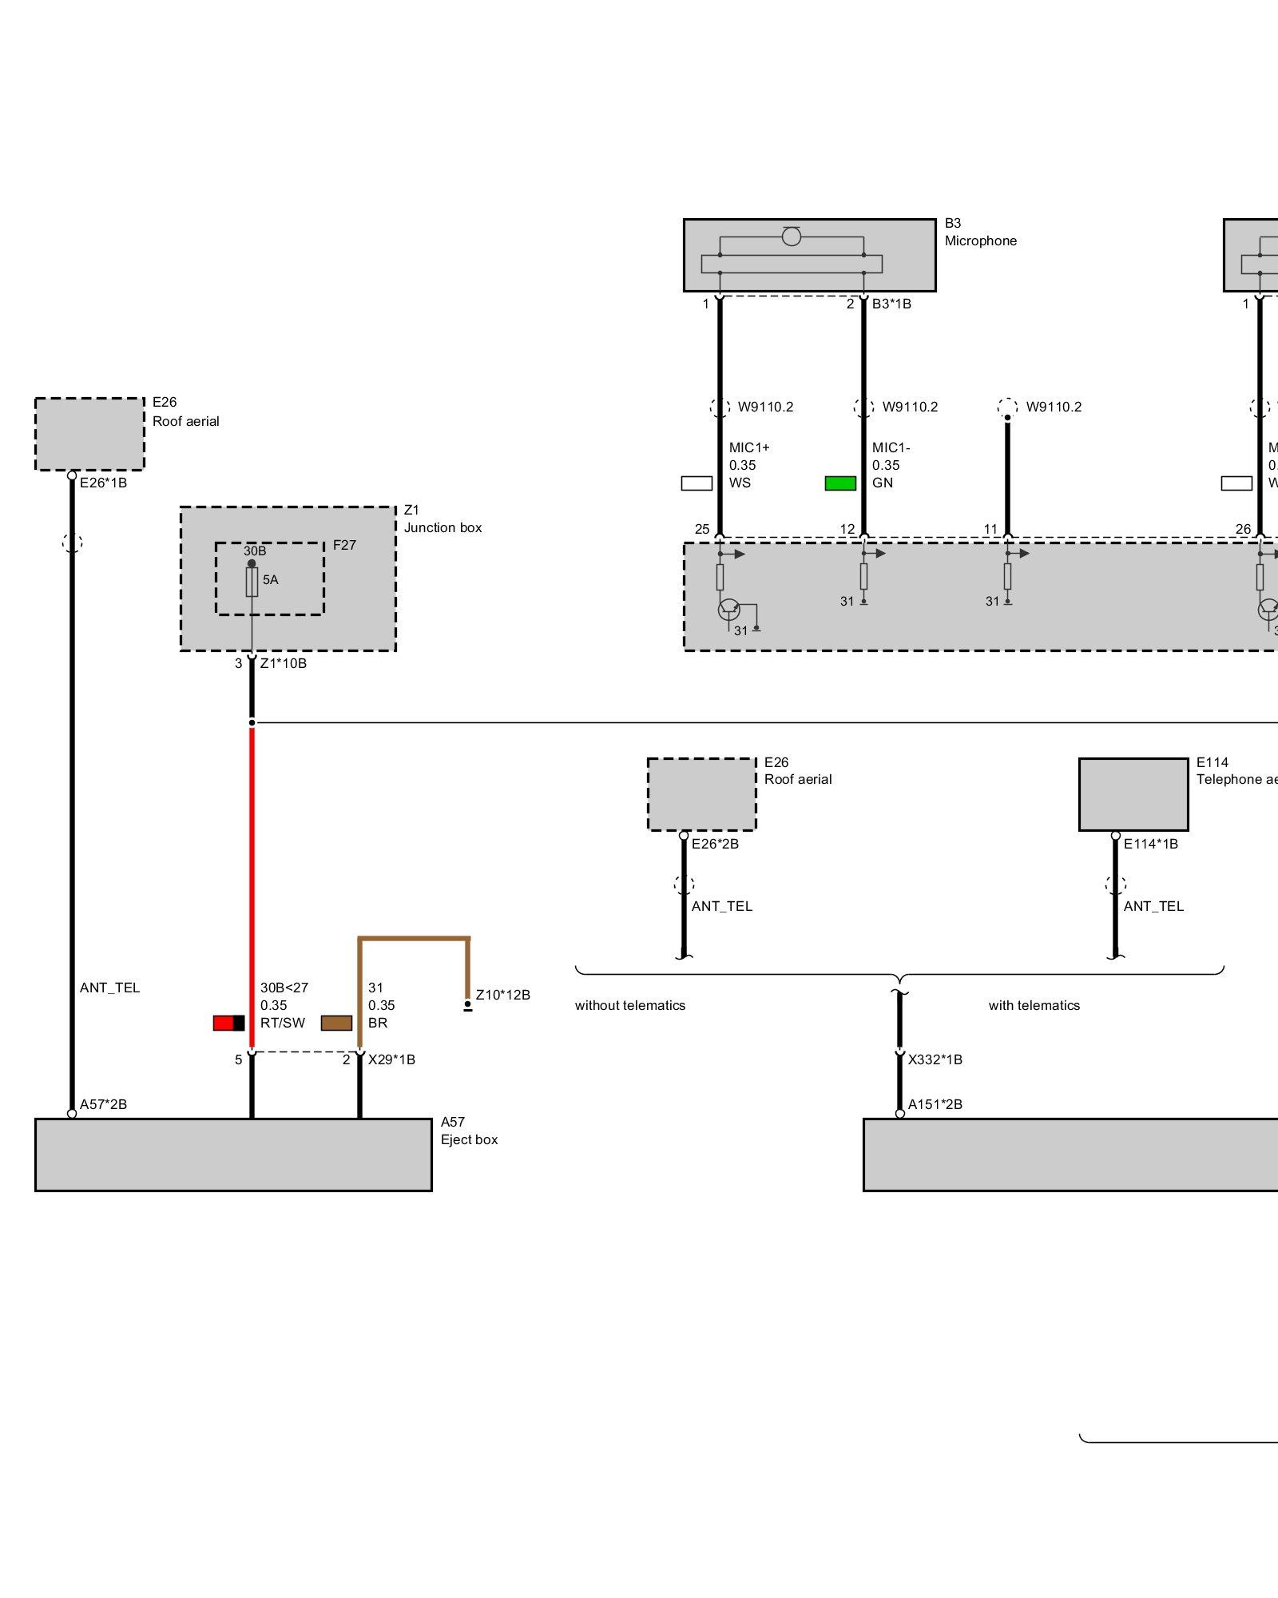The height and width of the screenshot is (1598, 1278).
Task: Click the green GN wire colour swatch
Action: pyautogui.click(x=840, y=483)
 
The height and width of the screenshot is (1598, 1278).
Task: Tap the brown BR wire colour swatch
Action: pyautogui.click(x=336, y=1023)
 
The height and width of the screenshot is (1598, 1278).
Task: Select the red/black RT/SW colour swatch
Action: pyautogui.click(x=228, y=1023)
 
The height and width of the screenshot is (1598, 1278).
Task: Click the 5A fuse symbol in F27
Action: pyautogui.click(x=252, y=581)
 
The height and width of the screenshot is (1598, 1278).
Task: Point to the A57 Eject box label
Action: pyautogui.click(x=469, y=1131)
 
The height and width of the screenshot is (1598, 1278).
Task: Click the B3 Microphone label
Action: pyautogui.click(x=980, y=232)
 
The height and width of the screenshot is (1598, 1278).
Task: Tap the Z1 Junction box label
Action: pyautogui.click(x=443, y=519)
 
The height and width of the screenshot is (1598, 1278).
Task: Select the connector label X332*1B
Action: pyautogui.click(x=935, y=1059)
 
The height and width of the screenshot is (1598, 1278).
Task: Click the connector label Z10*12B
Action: pyautogui.click(x=502, y=995)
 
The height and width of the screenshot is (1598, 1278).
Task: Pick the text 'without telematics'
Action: pyautogui.click(x=630, y=1005)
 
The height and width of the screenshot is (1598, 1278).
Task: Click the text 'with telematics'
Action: pyautogui.click(x=1034, y=1005)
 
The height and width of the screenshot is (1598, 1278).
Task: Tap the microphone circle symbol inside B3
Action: pyautogui.click(x=792, y=237)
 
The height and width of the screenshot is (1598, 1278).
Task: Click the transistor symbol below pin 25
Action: pyautogui.click(x=729, y=610)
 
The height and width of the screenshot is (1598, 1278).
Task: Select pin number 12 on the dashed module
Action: pyautogui.click(x=847, y=529)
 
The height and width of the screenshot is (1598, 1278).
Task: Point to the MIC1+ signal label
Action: pyautogui.click(x=749, y=447)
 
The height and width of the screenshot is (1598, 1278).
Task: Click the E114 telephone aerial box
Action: pyautogui.click(x=1133, y=794)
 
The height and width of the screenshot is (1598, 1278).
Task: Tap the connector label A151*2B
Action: pyautogui.click(x=935, y=1104)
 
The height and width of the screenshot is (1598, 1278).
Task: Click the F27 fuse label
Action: pyautogui.click(x=344, y=545)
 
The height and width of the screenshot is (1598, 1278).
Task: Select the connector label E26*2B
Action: pyautogui.click(x=715, y=844)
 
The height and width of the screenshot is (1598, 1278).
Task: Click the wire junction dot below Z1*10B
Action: pyautogui.click(x=252, y=722)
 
